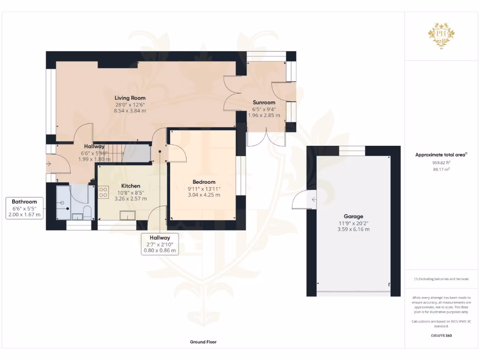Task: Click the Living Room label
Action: [130, 98]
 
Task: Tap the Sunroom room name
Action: [264, 102]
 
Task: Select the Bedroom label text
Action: [204, 182]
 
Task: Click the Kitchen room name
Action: [124, 186]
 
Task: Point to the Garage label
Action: [354, 217]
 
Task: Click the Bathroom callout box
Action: [24, 208]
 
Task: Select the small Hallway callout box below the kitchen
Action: [160, 244]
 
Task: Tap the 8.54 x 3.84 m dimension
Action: [130, 111]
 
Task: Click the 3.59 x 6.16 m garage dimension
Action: [354, 229]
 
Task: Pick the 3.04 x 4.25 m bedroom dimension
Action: [204, 195]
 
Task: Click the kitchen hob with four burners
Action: [104, 192]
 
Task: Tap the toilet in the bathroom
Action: [86, 212]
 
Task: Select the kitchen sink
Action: [127, 215]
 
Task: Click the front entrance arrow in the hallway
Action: [49, 164]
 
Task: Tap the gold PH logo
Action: [441, 36]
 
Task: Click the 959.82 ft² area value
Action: [441, 163]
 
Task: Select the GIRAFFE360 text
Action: [441, 336]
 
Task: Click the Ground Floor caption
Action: [203, 342]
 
